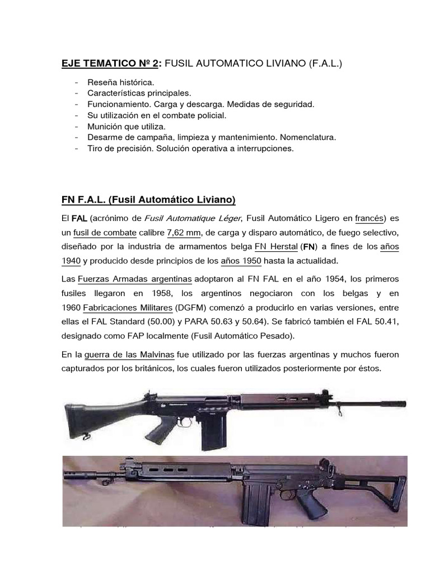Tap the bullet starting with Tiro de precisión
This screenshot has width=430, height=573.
click(x=190, y=149)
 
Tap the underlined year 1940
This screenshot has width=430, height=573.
click(x=71, y=261)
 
